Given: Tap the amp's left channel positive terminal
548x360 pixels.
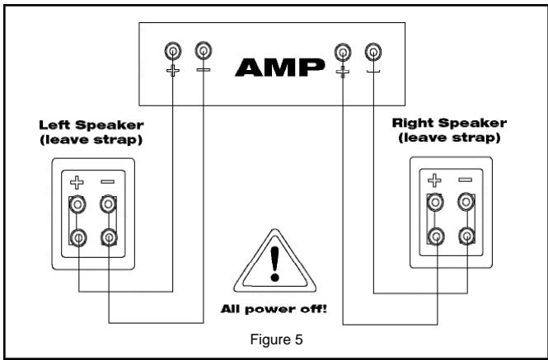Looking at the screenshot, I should point(173,52).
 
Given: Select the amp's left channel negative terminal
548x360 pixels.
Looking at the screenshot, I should point(202,52).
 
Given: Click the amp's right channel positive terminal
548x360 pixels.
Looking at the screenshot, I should point(343,53).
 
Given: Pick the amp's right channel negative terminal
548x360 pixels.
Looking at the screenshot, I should point(373,53).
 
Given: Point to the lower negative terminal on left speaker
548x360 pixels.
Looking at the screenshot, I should point(109,238).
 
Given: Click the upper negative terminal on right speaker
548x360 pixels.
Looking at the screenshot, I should point(466,200).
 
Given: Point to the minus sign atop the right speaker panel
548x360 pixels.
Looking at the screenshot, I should point(466,179).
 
